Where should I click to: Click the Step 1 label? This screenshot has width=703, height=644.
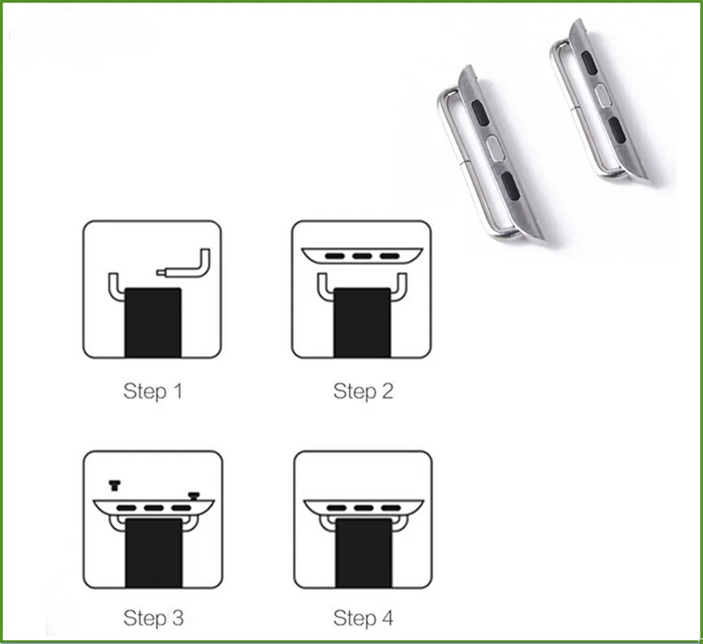(x=153, y=391)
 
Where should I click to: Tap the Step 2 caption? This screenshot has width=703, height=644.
(x=363, y=391)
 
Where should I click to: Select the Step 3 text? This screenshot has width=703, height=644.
(x=153, y=618)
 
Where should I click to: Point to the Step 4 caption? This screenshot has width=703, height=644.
(x=363, y=618)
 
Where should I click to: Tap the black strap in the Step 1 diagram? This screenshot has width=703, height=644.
(x=153, y=323)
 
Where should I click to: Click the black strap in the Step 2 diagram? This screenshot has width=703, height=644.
(x=362, y=323)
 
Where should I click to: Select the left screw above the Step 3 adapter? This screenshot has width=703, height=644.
(x=115, y=485)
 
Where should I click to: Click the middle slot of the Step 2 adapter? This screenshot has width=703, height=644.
(x=362, y=256)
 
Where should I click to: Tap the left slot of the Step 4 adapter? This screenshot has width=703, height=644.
(x=336, y=508)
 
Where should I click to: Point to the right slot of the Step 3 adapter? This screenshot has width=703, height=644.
(x=181, y=508)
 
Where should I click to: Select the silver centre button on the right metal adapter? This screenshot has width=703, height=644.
(x=602, y=95)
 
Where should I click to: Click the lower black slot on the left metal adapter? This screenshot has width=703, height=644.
(x=511, y=184)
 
